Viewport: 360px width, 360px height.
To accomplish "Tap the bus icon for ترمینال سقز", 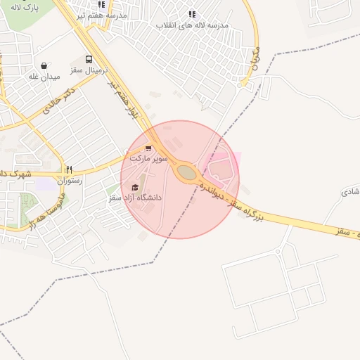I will [89, 60].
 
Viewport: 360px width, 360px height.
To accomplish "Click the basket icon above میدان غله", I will [44, 65].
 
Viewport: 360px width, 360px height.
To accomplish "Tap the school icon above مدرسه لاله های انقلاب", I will [192, 14].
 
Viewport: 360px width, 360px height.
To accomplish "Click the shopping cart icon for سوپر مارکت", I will [148, 148].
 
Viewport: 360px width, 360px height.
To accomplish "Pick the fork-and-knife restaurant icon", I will [69, 169].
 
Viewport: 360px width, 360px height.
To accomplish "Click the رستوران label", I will [70, 181].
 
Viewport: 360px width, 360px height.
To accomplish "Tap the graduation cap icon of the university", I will [135, 187].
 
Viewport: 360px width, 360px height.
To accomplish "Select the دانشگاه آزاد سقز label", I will [135, 198].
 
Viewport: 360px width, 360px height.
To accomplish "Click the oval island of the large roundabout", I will [186, 172].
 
